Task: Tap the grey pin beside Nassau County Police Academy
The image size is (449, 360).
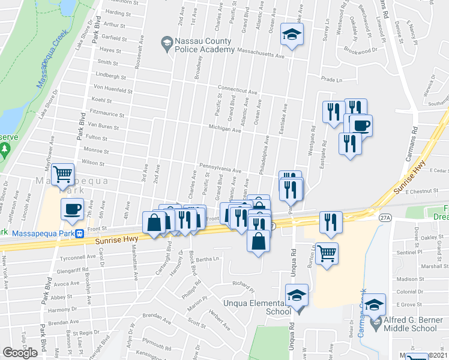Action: tap(166, 42)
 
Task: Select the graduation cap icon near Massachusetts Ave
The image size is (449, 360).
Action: tap(292, 35)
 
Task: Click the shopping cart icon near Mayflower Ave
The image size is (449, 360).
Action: tap(63, 173)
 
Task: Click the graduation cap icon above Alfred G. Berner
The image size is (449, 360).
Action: tap(375, 306)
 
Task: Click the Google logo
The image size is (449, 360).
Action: tap(20, 353)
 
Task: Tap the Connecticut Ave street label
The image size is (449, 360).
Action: tap(237, 89)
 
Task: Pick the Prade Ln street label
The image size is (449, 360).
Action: tap(331, 79)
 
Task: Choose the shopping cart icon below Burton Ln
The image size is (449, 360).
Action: tap(326, 252)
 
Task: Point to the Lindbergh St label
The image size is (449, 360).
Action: tap(110, 76)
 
